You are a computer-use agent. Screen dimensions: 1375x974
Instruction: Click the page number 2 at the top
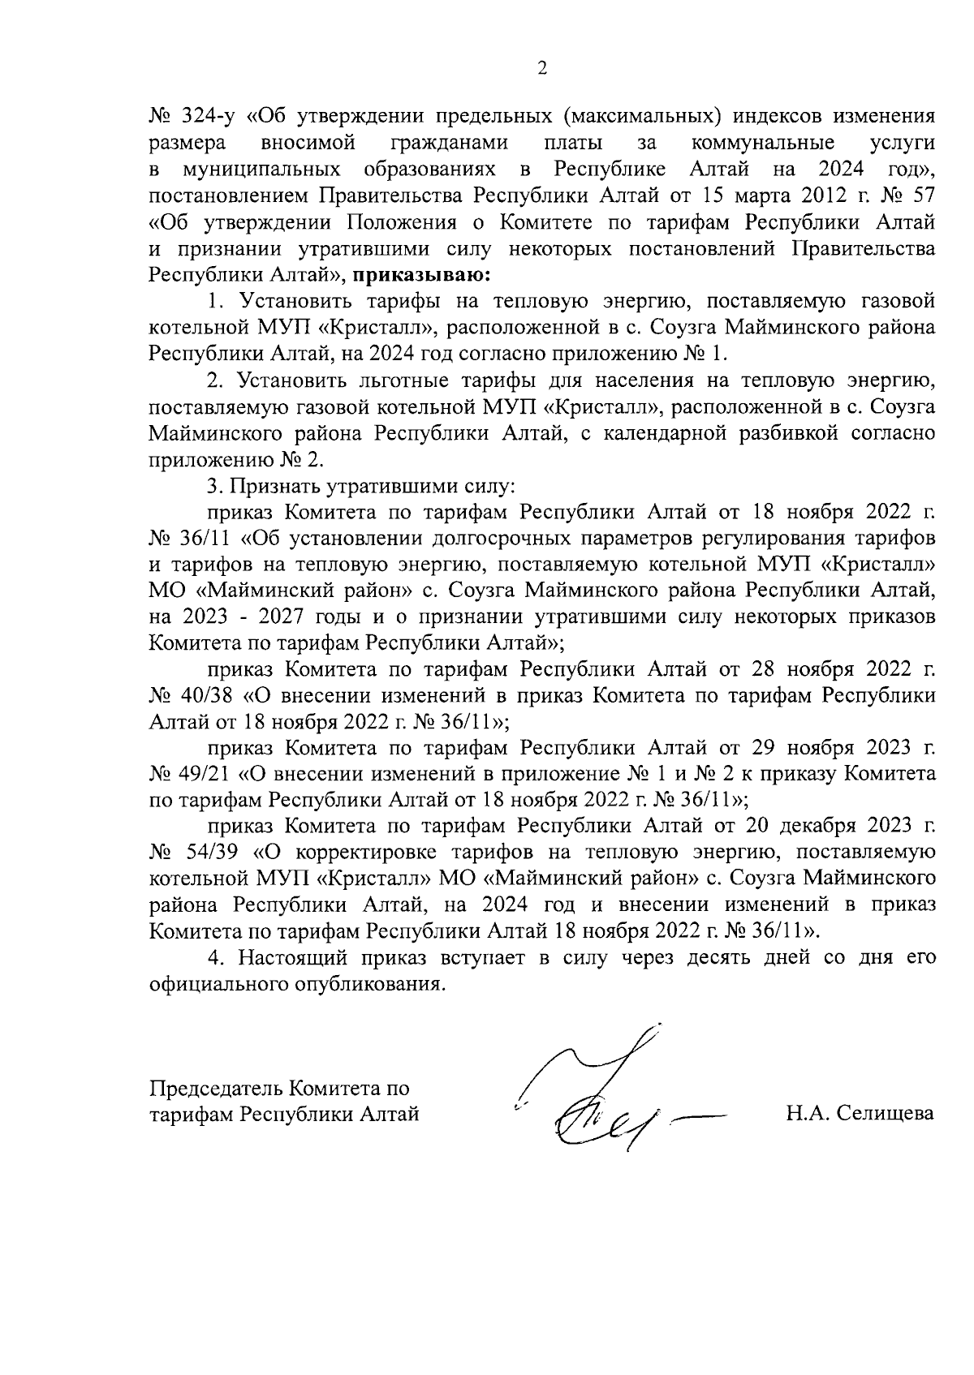pos(543,69)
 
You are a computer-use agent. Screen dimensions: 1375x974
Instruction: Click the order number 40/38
pos(203,696)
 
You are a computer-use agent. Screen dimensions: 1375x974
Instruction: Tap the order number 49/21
pos(203,774)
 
